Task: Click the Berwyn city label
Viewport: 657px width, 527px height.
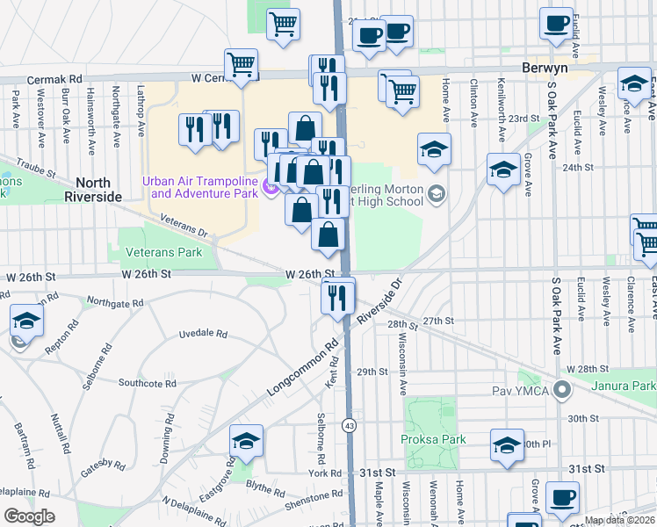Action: [544, 68]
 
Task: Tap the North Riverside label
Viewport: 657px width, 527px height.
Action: [92, 190]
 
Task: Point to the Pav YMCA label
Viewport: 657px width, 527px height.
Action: [521, 388]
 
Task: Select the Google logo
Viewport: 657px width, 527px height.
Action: [29, 516]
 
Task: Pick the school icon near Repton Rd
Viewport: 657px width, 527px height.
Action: [26, 322]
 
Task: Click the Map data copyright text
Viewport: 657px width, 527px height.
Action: [618, 521]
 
